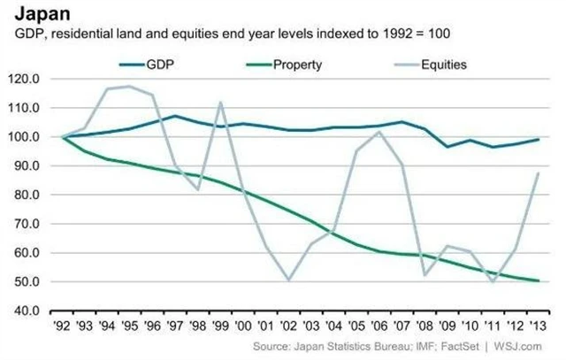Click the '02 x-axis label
tap(288, 325)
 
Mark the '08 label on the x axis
tap(424, 325)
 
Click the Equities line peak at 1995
tap(129, 86)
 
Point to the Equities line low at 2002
tap(288, 280)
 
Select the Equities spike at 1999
tap(220, 102)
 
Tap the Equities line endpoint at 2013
tap(539, 173)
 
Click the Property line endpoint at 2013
tap(539, 281)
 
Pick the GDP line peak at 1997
tap(175, 116)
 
